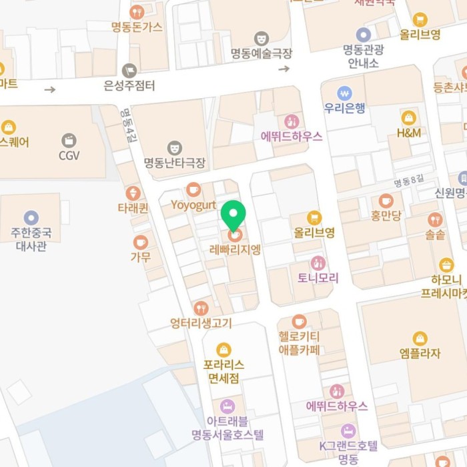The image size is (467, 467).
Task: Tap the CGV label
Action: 69,155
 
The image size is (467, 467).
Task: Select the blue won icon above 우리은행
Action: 344,92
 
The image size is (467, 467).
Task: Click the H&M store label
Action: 408,133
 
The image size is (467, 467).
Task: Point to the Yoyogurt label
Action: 193,203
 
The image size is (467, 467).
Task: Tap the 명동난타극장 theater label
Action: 175,162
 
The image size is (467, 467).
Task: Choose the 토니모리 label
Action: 318,278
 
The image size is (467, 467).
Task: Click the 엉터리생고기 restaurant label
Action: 201,324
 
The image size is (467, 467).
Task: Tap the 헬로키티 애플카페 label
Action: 299,342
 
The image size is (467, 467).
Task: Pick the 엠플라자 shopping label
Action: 419,354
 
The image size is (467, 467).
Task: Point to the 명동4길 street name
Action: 127,125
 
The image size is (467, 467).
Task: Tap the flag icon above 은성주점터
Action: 129,70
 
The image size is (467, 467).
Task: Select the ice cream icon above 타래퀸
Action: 133,193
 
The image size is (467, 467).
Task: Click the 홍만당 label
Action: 386,215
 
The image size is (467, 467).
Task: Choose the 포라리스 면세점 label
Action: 223,372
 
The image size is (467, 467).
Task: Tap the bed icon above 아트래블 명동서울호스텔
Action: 227,406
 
